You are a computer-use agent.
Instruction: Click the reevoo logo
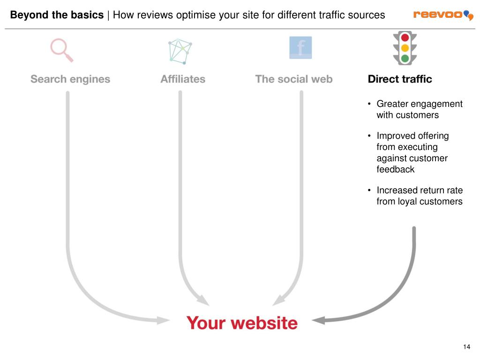443,15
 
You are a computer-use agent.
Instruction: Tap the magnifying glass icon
62,50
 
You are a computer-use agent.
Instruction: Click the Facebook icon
300,47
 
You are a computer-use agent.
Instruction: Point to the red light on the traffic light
405,37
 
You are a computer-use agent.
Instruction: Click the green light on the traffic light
405,59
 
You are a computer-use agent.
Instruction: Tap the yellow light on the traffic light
405,48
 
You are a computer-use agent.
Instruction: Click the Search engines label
70,79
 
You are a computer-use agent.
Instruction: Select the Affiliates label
183,79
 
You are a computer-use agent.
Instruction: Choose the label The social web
294,79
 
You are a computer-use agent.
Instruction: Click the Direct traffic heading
400,79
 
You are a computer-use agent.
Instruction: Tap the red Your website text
242,323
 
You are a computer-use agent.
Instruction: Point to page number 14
466,347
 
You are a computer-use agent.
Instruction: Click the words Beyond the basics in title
57,15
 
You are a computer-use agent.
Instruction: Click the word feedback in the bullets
396,170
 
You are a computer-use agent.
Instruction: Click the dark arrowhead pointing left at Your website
319,321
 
